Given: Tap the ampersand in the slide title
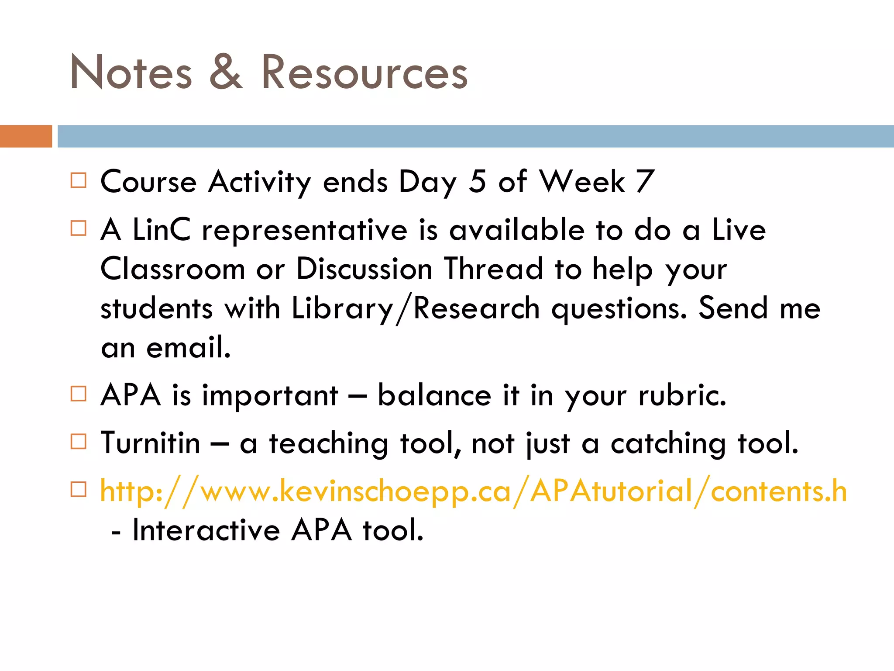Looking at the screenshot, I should point(226,72).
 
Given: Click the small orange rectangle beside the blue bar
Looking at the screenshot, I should point(26,136).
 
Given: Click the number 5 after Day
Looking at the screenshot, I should point(477,181).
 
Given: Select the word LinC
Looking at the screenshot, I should point(162,229).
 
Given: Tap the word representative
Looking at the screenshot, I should point(304,230).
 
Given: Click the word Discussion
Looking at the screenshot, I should point(364,269).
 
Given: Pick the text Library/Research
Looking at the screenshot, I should point(416,309).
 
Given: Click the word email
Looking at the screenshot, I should point(188,347).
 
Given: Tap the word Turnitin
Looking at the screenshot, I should point(150,443).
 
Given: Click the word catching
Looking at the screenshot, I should point(668,444).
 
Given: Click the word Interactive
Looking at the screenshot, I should point(206,530).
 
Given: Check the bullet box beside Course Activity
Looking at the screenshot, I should point(79,180).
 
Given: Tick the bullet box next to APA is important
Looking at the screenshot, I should point(79,394).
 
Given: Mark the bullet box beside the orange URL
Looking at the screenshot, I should point(79,489).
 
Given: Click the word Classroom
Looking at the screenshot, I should point(173,269).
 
